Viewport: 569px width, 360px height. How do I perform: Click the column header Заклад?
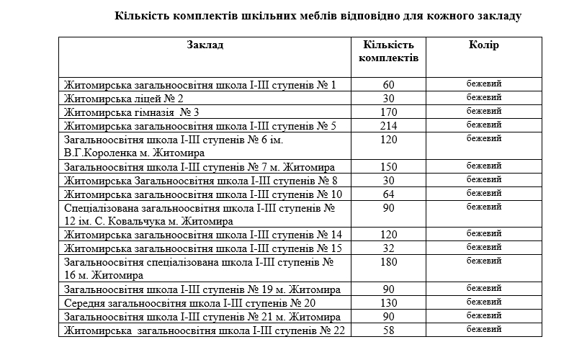tap(205, 45)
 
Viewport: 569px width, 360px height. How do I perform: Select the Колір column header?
tap(483, 45)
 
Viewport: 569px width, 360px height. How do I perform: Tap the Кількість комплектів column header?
tap(388, 51)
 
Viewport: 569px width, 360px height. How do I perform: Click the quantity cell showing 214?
tap(389, 126)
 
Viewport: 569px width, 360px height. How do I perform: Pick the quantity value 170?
tap(389, 112)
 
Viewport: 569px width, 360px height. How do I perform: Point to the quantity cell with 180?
tap(389, 262)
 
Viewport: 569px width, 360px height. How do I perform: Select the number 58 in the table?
tap(389, 330)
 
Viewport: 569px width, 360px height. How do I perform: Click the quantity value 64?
tap(389, 194)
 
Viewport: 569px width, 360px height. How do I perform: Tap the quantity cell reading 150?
tap(389, 167)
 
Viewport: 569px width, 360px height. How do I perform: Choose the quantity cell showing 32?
tap(389, 248)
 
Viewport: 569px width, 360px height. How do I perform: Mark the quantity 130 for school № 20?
tap(389, 302)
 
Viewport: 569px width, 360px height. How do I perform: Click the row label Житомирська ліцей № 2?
tap(123, 99)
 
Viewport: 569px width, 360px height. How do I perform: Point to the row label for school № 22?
tap(205, 330)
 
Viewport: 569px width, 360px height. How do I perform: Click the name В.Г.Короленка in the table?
tap(99, 153)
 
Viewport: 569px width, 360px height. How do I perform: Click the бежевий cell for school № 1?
tap(483, 84)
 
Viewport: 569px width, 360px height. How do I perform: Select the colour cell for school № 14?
tap(483, 234)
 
